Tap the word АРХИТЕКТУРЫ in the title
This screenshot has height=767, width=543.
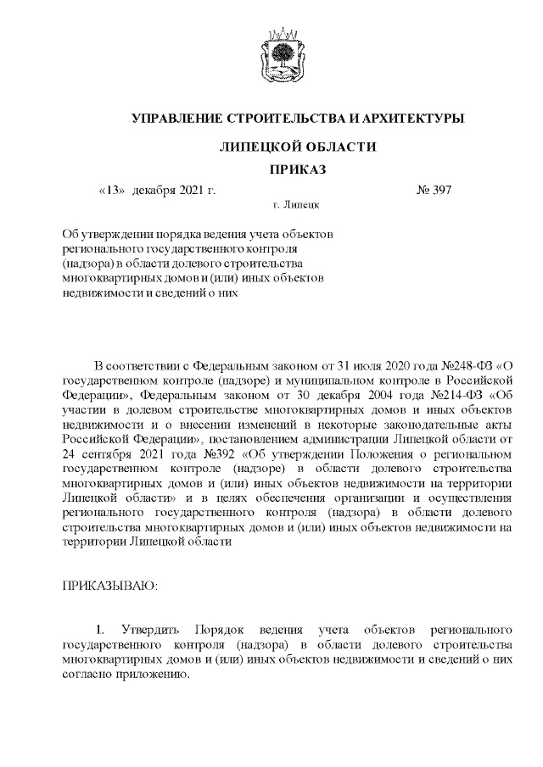point(404,119)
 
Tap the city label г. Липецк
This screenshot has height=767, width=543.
point(296,205)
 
